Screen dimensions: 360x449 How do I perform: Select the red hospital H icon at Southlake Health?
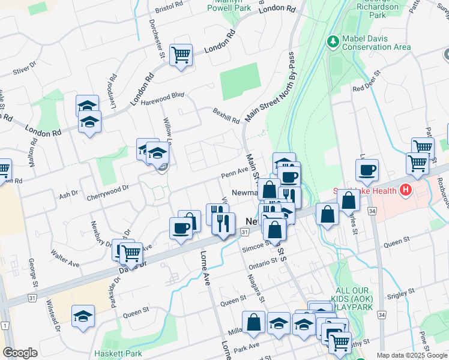point(406,191)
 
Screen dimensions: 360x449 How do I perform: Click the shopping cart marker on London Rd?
point(181,55)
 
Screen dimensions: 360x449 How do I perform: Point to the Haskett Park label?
point(118,353)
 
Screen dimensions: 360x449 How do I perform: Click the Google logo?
point(20,353)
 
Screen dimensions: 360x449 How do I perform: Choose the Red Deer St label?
point(367,82)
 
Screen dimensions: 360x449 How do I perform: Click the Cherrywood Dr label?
point(109,188)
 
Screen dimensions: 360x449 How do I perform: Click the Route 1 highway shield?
point(5,325)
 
